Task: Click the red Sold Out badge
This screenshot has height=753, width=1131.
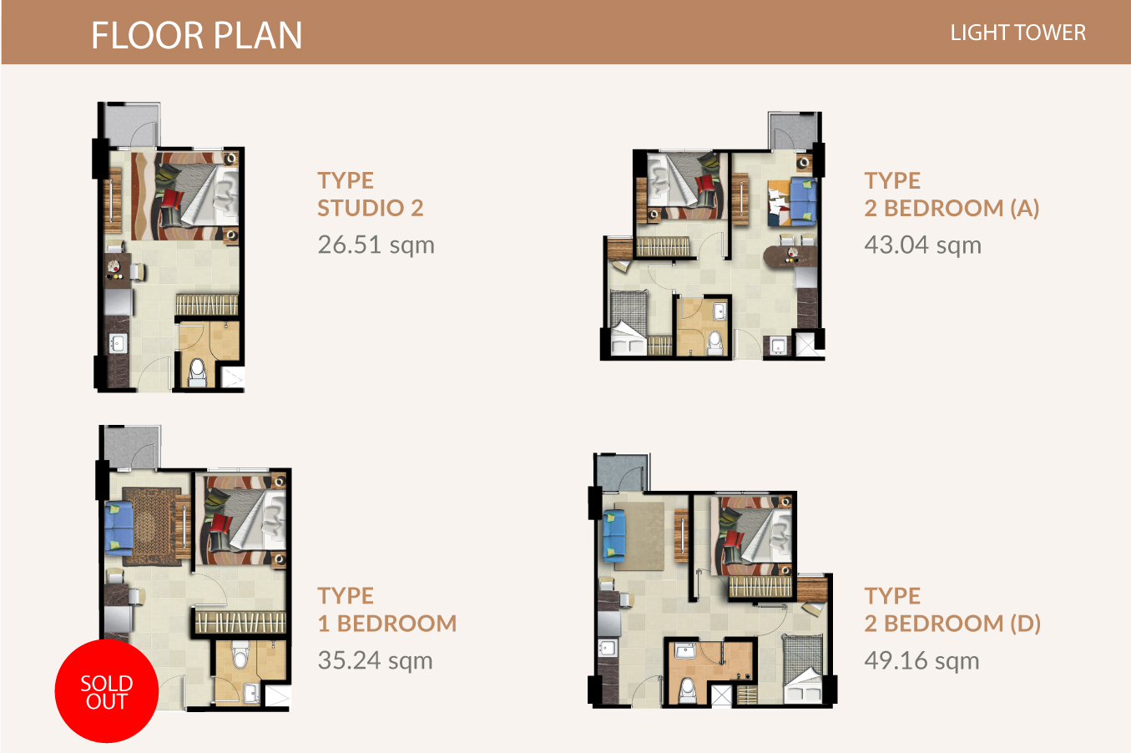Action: point(107,691)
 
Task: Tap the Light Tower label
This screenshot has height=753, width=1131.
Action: point(1017,33)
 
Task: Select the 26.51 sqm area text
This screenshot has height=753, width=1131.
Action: point(376,245)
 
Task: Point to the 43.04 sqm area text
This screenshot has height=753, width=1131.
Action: point(922,245)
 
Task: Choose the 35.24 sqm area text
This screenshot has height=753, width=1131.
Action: point(375,660)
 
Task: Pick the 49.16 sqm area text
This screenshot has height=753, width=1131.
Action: point(921,660)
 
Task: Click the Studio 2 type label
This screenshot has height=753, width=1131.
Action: point(370,195)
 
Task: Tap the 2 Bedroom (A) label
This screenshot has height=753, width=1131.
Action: point(952,195)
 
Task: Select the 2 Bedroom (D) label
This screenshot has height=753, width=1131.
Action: point(952,610)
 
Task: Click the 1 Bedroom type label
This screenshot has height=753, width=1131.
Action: point(386,610)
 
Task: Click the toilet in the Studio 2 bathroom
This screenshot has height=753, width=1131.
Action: point(198,372)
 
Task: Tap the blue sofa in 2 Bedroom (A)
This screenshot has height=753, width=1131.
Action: point(803,200)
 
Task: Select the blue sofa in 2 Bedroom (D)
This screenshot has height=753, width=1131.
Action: point(614,535)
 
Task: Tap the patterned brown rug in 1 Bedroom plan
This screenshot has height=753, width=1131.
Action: point(151,526)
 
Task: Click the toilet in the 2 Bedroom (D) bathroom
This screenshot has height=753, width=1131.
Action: point(687,690)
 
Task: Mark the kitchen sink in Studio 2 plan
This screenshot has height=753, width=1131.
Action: point(117,344)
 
